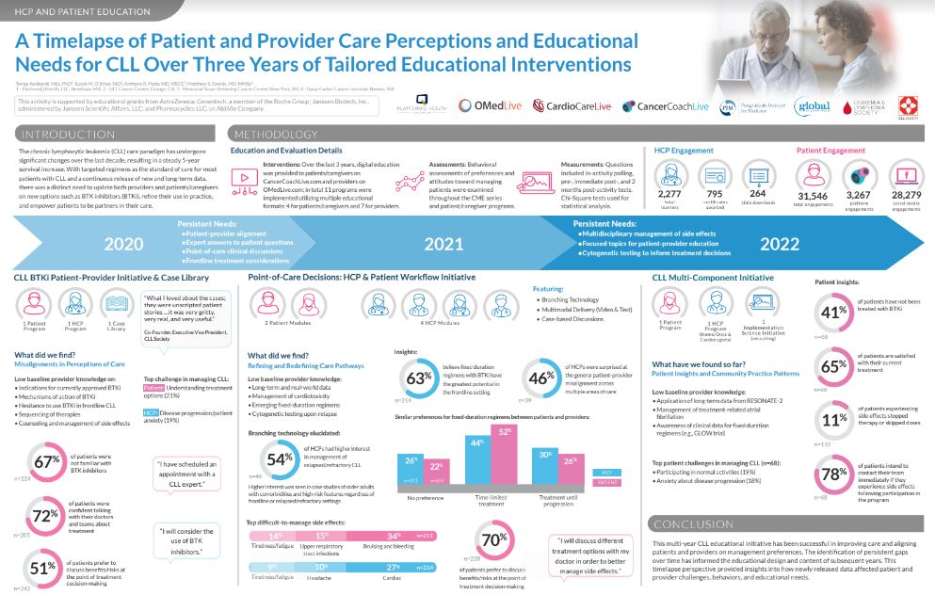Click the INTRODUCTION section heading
64,135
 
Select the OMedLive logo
492,106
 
